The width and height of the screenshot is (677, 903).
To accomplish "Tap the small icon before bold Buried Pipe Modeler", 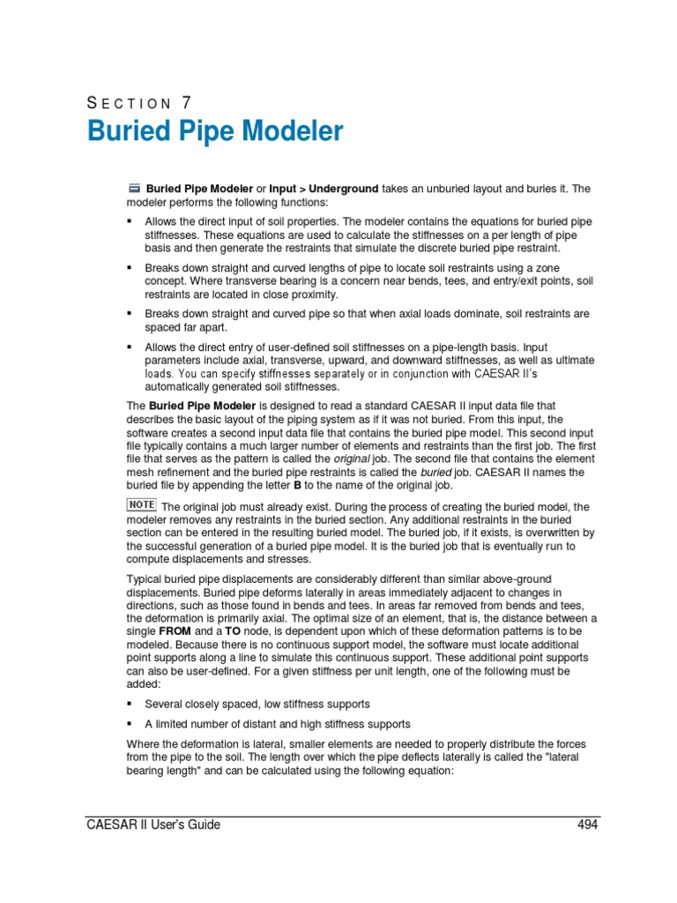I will tap(134, 188).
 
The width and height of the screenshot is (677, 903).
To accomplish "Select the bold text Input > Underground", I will tap(324, 189).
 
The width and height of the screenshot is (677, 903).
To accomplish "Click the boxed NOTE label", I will tap(142, 505).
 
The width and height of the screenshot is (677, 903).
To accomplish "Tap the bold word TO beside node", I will tap(234, 631).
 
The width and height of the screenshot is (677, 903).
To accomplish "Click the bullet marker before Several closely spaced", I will tap(130, 704).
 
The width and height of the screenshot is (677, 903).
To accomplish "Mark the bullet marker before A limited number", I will tap(130, 724).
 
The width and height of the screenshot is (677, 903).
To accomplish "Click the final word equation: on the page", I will tap(428, 770).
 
